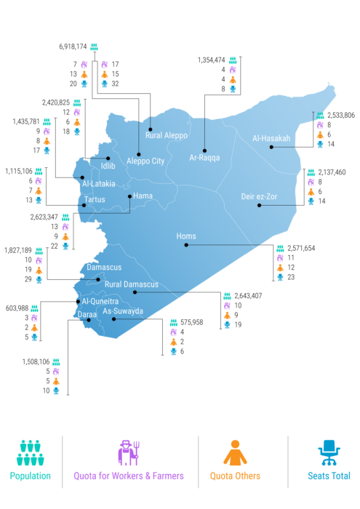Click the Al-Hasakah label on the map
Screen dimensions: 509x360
click(271, 138)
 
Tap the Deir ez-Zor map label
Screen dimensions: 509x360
click(260, 196)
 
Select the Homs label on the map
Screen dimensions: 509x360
click(185, 236)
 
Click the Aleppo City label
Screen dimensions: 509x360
click(145, 161)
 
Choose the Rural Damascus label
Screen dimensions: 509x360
click(131, 284)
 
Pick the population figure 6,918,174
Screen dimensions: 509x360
click(73, 46)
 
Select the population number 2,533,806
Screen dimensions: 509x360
click(341, 115)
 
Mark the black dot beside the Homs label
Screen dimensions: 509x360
click(185, 245)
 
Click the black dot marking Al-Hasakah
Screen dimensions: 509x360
click(271, 148)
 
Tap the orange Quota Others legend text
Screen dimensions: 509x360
click(235, 476)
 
